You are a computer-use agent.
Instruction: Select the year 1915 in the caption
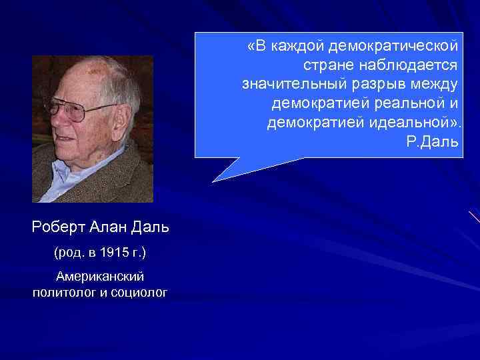click(114, 253)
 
